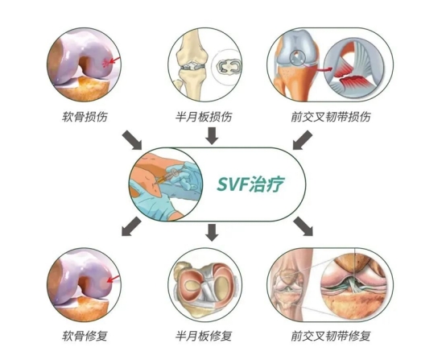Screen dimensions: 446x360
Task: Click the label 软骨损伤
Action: [x=85, y=117]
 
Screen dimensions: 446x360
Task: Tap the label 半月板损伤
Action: [x=204, y=117]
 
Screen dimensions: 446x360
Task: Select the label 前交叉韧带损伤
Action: [x=331, y=117]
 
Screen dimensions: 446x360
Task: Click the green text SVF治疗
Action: [x=250, y=184]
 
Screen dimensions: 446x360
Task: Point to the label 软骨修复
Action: [x=85, y=336]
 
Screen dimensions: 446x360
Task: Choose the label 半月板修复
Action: [x=204, y=336]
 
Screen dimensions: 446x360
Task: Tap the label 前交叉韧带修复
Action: [x=331, y=336]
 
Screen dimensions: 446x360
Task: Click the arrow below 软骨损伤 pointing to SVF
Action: [x=132, y=140]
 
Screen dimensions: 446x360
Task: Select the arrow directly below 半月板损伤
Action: [x=212, y=136]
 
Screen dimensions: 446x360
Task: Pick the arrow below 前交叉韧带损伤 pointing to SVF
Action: [x=303, y=140]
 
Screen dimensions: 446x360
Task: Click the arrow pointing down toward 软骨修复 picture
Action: [x=131, y=226]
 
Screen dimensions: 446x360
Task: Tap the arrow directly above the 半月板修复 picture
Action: [x=212, y=233]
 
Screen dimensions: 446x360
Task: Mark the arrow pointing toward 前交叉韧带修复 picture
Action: [x=304, y=226]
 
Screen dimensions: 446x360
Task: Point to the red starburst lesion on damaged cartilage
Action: [x=105, y=63]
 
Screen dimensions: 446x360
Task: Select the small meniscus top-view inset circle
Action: [x=228, y=66]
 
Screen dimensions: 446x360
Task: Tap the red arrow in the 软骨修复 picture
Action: [x=114, y=279]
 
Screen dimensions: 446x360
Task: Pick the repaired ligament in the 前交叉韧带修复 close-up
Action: [x=354, y=283]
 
